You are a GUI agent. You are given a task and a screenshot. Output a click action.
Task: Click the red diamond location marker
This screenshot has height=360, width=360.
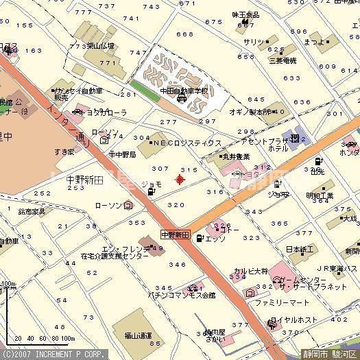pos(180,180)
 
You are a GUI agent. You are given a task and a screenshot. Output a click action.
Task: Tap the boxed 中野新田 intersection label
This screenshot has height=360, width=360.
pos(174,235)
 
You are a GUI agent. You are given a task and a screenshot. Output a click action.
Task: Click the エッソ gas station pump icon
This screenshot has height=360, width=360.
pos(199,239)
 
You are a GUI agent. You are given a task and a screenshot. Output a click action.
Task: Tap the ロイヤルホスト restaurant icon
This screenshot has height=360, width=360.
pos(274,320)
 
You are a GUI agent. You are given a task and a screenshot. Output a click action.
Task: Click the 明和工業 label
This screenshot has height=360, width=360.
pos(319,195)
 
